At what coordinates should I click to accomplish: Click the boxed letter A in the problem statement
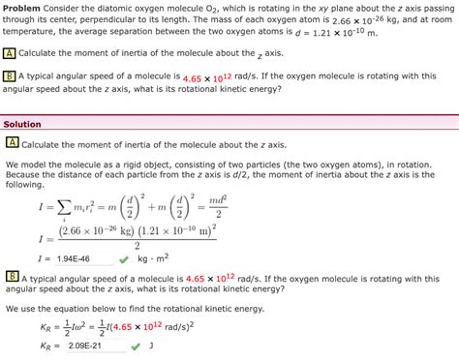10,53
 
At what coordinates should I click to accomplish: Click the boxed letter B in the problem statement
10,75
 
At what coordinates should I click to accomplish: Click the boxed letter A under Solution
12,143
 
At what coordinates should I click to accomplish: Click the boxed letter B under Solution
12,276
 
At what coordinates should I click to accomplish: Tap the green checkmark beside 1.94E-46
123,258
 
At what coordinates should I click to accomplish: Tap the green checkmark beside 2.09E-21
123,345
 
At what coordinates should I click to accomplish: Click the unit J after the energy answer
151,345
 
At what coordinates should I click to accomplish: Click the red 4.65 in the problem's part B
191,75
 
